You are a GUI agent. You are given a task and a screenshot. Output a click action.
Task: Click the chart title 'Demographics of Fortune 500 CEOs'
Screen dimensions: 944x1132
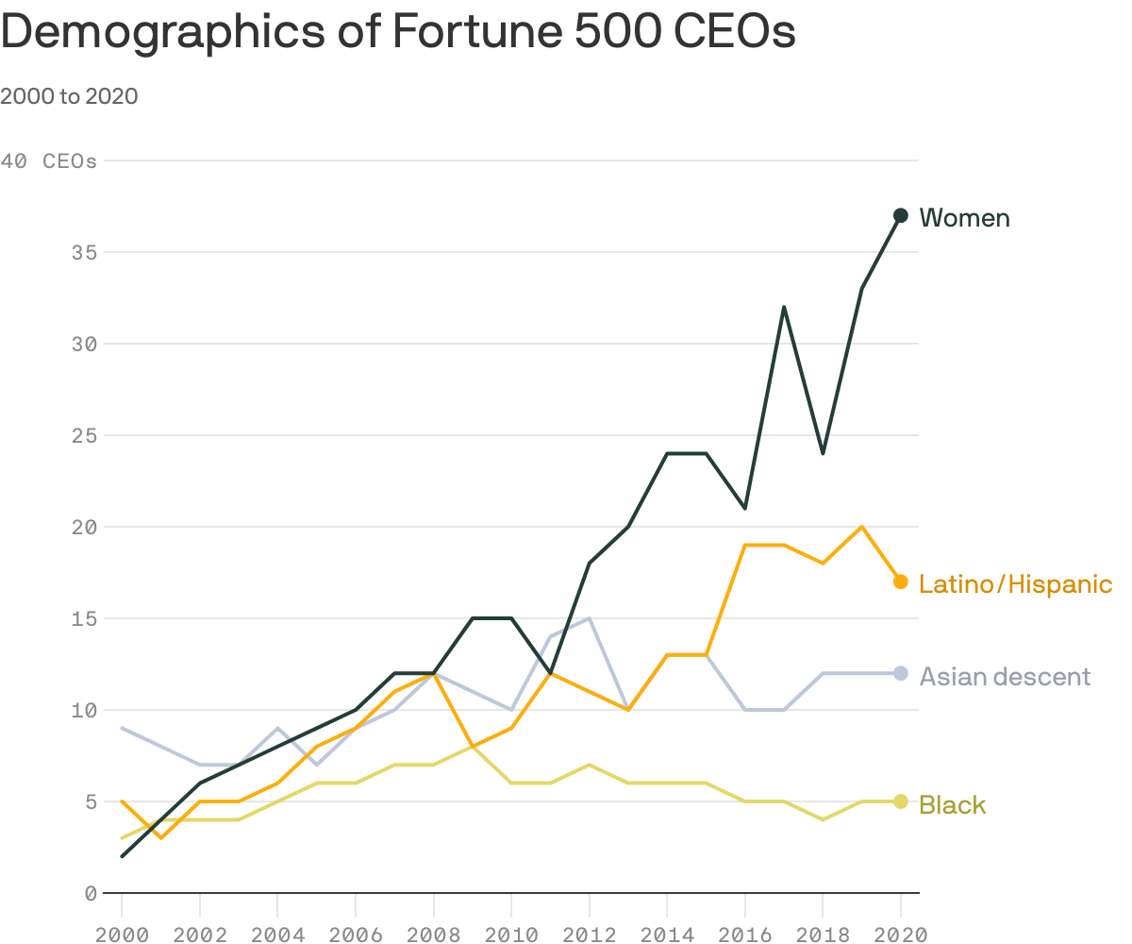point(398,32)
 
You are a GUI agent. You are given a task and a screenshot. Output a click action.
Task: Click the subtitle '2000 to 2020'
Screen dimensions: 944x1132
point(69,96)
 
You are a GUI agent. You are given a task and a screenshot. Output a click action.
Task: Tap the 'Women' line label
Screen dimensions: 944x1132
point(964,218)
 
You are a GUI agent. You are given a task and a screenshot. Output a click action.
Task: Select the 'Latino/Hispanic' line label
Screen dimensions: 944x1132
point(1015,584)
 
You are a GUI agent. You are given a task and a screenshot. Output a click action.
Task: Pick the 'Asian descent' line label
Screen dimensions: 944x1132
point(1005,676)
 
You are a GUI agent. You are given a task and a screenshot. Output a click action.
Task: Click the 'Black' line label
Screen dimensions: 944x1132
point(952,805)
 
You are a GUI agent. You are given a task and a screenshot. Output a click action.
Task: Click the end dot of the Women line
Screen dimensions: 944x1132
point(900,215)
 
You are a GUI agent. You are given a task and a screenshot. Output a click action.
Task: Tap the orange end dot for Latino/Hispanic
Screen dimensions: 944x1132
point(900,582)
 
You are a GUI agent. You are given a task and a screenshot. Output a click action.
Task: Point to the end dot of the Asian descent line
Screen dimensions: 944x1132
point(900,673)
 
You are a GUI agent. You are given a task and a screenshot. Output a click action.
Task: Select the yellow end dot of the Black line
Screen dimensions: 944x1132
point(900,801)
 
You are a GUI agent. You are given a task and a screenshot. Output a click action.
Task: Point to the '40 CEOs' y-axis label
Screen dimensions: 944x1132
point(49,161)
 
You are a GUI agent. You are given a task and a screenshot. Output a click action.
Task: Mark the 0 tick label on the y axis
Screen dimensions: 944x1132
point(91,893)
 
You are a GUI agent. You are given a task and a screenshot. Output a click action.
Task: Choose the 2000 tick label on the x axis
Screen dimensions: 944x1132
point(122,934)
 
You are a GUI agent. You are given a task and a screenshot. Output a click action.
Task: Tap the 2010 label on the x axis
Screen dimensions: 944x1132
point(510,934)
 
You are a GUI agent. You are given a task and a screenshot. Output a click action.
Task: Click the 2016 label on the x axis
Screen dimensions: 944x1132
point(744,934)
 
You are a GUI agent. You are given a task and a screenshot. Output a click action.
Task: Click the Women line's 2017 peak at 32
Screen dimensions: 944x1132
point(783,307)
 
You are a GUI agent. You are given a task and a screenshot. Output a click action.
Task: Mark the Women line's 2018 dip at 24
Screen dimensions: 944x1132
point(823,453)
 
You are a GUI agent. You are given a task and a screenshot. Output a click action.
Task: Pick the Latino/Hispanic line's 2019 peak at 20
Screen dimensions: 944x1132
point(861,527)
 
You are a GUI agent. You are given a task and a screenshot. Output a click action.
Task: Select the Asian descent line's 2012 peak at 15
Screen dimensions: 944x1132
point(589,618)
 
